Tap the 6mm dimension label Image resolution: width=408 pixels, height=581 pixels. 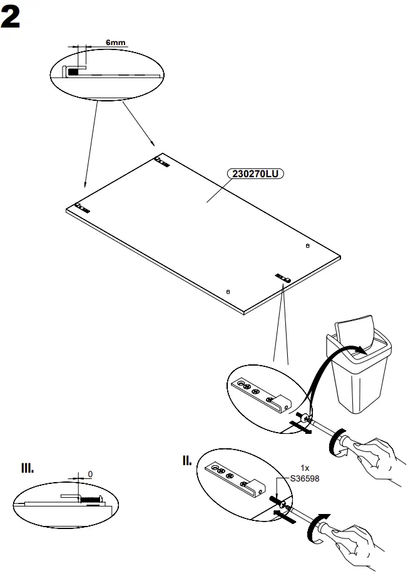[115, 43]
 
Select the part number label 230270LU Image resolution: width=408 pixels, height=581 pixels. [255, 174]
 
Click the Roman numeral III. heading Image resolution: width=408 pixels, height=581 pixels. [28, 468]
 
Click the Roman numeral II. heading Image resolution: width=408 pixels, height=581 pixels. [187, 461]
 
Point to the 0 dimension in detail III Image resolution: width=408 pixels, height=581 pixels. [90, 473]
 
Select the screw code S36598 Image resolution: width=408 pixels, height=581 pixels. [304, 478]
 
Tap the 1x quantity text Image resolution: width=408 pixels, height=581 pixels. [305, 468]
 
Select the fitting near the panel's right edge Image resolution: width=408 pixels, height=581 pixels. [283, 275]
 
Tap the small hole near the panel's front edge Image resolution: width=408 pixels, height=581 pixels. [228, 291]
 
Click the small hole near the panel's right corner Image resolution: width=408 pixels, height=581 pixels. [307, 246]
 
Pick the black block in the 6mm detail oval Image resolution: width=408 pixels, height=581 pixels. [74, 72]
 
